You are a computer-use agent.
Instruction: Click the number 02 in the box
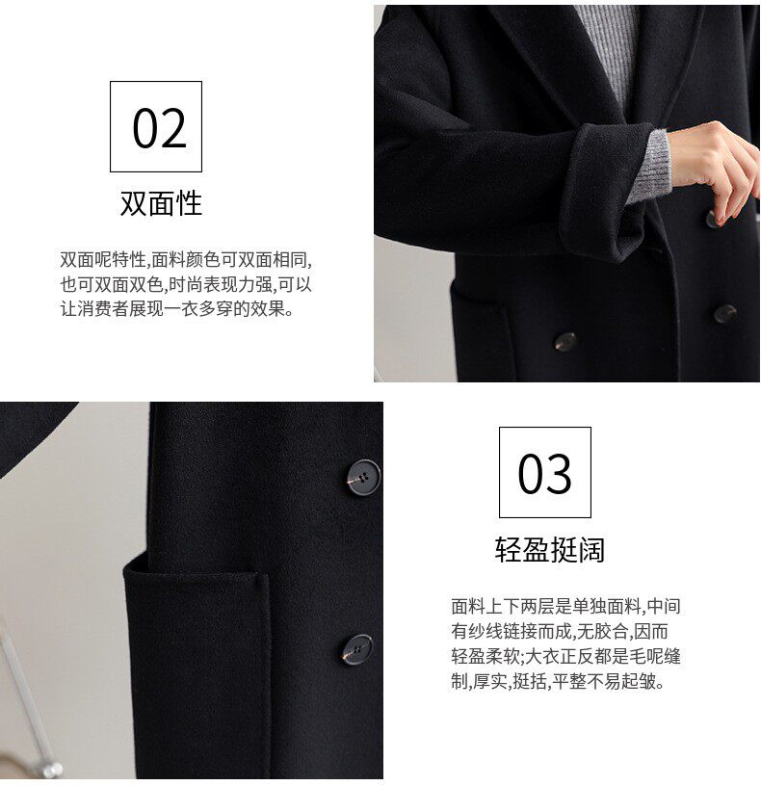[159, 127]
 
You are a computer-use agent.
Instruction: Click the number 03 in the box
[544, 473]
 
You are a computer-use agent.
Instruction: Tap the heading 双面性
[161, 202]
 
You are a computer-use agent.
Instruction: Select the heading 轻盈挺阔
[549, 549]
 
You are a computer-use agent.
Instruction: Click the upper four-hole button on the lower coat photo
[363, 478]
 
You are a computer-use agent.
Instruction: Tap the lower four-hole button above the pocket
[356, 649]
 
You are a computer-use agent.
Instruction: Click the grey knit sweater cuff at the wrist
[648, 167]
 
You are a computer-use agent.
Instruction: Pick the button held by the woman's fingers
[714, 218]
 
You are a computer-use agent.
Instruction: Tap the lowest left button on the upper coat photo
[564, 342]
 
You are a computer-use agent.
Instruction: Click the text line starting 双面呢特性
[186, 259]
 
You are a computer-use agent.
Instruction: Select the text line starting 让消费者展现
[177, 309]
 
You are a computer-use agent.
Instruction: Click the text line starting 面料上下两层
[565, 606]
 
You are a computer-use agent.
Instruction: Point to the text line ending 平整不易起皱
[558, 681]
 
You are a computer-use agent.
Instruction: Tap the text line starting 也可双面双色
[186, 284]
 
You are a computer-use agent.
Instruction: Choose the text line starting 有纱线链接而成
[560, 631]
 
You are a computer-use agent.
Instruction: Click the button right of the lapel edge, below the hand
[724, 313]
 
